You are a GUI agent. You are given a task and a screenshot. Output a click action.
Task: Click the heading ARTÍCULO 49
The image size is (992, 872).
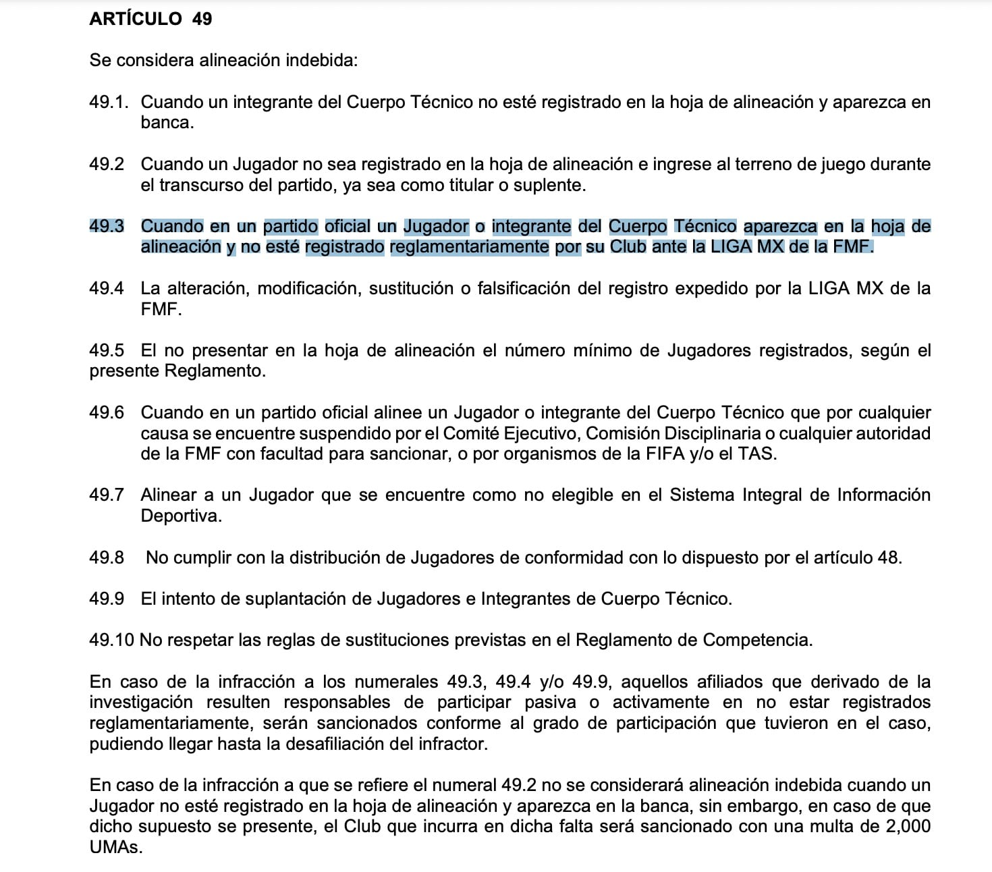pyautogui.click(x=150, y=19)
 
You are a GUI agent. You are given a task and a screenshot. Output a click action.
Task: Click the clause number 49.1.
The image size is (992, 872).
pyautogui.click(x=108, y=102)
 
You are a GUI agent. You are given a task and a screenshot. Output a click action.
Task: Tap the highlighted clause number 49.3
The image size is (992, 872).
pyautogui.click(x=107, y=226)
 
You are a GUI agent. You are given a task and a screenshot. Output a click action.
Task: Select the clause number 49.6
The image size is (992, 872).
pyautogui.click(x=107, y=412)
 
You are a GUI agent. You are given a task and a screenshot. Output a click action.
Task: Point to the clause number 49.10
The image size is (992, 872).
pyautogui.click(x=111, y=640)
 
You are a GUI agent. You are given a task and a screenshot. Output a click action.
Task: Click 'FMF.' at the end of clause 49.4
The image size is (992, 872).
pyautogui.click(x=161, y=310)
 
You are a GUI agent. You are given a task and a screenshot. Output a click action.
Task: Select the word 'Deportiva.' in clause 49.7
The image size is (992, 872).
pyautogui.click(x=181, y=516)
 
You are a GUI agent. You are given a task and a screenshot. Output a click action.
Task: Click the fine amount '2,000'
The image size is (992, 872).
pyautogui.click(x=905, y=827)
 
